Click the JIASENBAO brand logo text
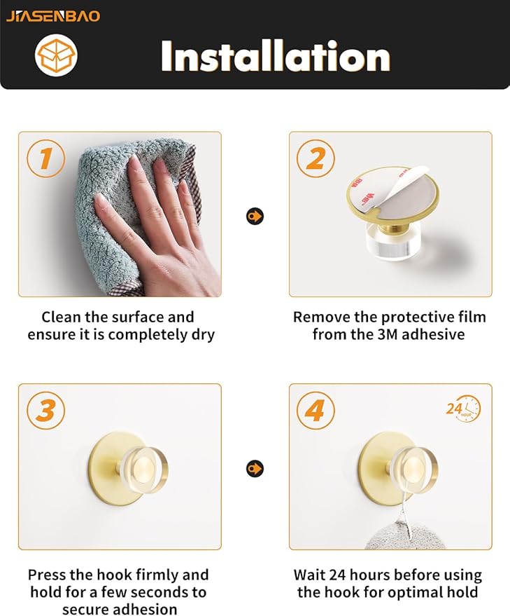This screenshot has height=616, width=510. pyautogui.click(x=53, y=16)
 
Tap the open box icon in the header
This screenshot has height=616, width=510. pyautogui.click(x=56, y=55)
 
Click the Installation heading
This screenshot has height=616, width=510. pyautogui.click(x=276, y=57)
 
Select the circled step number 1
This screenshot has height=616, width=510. pyautogui.click(x=46, y=158)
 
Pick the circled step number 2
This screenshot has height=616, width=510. pyautogui.click(x=316, y=158)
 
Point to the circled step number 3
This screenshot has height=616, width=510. pyautogui.click(x=46, y=411)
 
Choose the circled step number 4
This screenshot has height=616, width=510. pyautogui.click(x=316, y=411)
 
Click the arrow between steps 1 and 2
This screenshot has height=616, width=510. pyautogui.click(x=255, y=216)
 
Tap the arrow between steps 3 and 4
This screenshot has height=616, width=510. pyautogui.click(x=255, y=469)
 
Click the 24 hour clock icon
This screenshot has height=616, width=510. pyautogui.click(x=463, y=409)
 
